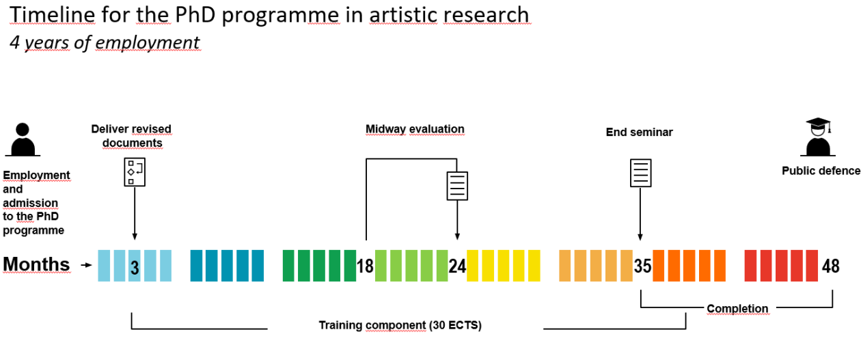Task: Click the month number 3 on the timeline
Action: (135, 267)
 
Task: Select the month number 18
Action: (365, 266)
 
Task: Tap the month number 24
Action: (457, 266)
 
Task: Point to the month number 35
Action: (642, 266)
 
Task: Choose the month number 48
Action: (830, 266)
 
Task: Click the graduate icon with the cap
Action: (818, 138)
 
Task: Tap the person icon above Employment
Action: (23, 141)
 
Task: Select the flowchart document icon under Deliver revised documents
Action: (134, 171)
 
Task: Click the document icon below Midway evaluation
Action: (456, 185)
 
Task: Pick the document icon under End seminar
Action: (640, 173)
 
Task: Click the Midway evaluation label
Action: (415, 129)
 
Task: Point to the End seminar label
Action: (639, 133)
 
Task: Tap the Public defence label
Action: (821, 171)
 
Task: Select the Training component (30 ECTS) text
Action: (400, 326)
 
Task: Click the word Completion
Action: (737, 309)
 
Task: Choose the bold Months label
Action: (36, 264)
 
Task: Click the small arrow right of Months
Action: (85, 265)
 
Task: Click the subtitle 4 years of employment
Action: (105, 42)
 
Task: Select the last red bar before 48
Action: (811, 266)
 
